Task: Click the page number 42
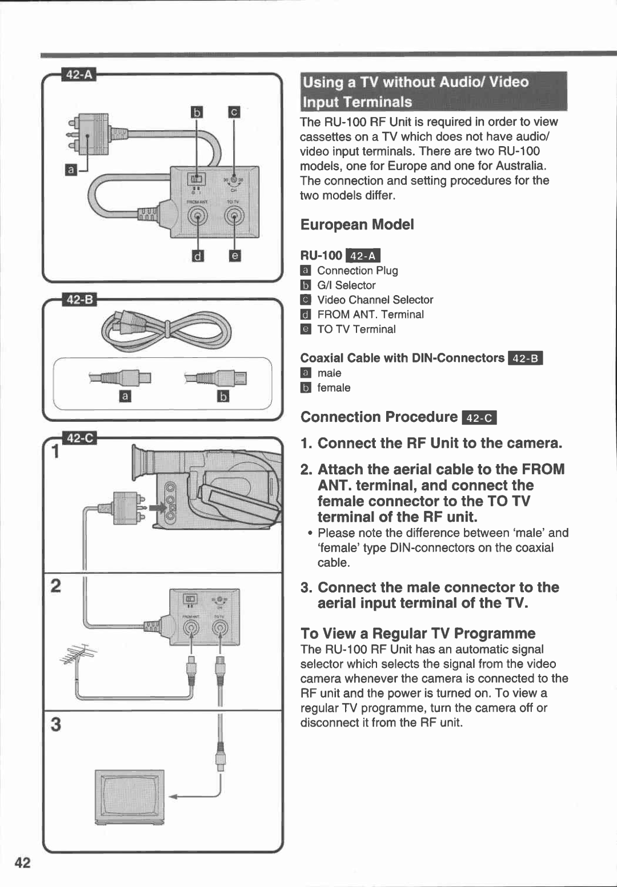22,862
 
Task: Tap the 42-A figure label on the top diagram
79,75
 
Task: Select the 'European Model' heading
357,224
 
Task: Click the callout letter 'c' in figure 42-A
234,112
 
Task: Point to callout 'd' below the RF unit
198,256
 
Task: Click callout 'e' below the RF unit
234,256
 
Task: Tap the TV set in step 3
130,797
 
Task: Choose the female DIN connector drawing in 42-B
217,378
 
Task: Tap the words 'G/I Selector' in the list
346,285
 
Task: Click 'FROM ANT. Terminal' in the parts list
370,315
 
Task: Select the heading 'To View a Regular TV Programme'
418,634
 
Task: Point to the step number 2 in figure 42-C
55,586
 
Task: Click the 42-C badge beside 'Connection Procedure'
479,418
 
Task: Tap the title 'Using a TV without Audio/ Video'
415,82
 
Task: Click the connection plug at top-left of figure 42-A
89,135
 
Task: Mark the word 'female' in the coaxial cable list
334,388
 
